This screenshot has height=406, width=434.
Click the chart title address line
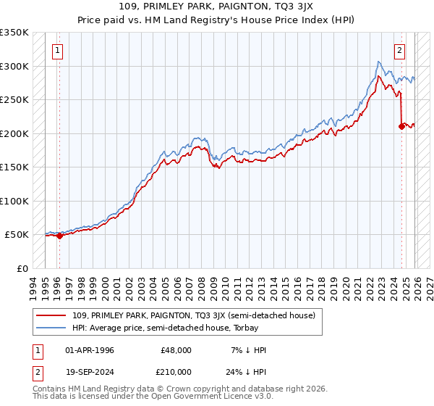pos(216,7)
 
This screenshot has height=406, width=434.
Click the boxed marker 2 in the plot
pos(399,51)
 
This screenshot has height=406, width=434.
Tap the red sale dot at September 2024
pos(401,126)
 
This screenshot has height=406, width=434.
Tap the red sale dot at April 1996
pos(59,236)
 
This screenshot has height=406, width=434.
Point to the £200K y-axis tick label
pos(14,133)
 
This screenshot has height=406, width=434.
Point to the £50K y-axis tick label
pos(17,235)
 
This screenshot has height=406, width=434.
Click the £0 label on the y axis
pos(22,268)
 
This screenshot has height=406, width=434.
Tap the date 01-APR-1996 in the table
pos(90,350)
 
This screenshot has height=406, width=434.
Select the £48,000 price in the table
pos(176,350)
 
